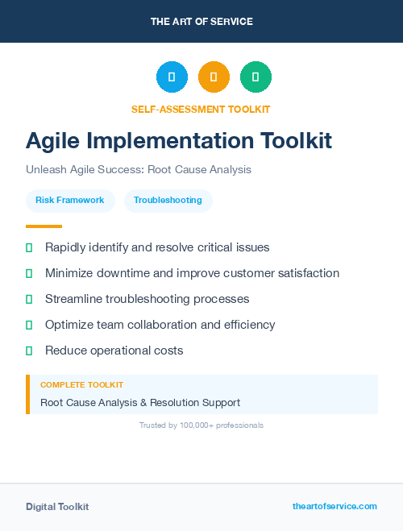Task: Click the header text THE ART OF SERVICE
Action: pyautogui.click(x=201, y=22)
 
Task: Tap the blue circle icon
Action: pyautogui.click(x=172, y=77)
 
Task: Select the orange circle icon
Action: pyautogui.click(x=214, y=77)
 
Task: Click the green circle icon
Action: pyautogui.click(x=256, y=77)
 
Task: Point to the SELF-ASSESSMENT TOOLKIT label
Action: pyautogui.click(x=201, y=109)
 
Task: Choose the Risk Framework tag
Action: pyautogui.click(x=69, y=201)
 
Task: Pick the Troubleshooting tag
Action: pyautogui.click(x=168, y=201)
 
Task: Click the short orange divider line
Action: pyautogui.click(x=44, y=226)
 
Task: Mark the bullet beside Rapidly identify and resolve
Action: pyautogui.click(x=29, y=247)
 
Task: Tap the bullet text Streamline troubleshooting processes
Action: pyautogui.click(x=147, y=299)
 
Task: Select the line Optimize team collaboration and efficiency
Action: pyautogui.click(x=160, y=325)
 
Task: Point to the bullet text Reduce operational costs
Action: pyautogui.click(x=114, y=351)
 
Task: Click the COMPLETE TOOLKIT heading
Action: pyautogui.click(x=81, y=385)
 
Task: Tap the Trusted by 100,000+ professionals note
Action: pyautogui.click(x=201, y=425)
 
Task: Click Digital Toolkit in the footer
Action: pyautogui.click(x=57, y=507)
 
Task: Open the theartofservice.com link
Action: pyautogui.click(x=334, y=506)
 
